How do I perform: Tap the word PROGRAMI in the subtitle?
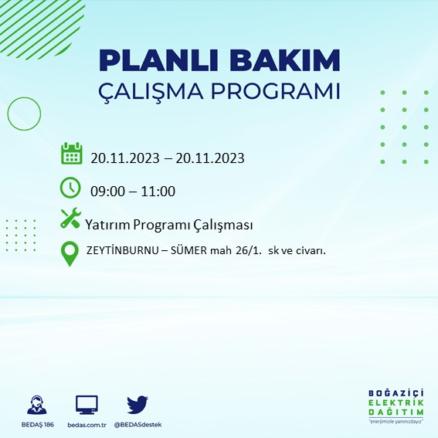(276, 91)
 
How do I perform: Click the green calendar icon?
(71, 154)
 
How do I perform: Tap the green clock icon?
(70, 188)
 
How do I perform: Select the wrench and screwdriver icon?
(70, 219)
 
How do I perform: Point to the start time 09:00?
(107, 192)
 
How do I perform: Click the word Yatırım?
(107, 225)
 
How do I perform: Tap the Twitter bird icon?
(138, 405)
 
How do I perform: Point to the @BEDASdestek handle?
(138, 425)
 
